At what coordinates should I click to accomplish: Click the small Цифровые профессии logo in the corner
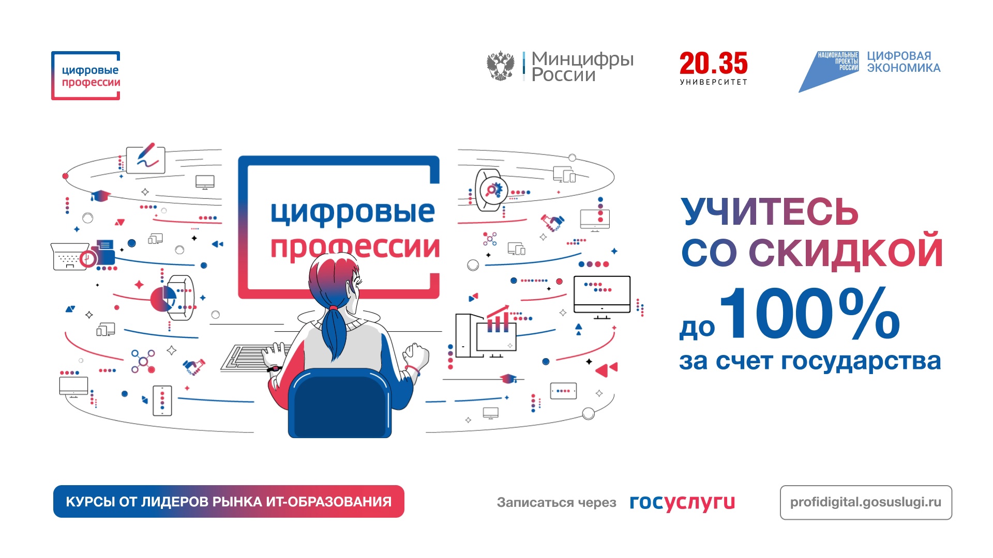tap(86, 75)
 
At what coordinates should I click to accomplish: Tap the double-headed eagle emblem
tap(500, 66)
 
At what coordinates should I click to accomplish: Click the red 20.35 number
tap(713, 64)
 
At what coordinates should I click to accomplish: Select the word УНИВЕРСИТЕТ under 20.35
tap(713, 82)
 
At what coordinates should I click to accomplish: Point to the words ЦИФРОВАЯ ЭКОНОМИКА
tap(903, 62)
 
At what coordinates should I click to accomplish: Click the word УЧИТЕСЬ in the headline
tap(769, 212)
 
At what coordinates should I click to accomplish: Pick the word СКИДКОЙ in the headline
tap(846, 253)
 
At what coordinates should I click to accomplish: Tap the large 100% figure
tap(809, 314)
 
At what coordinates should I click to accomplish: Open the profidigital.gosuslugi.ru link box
tap(865, 502)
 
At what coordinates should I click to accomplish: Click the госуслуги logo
tap(682, 502)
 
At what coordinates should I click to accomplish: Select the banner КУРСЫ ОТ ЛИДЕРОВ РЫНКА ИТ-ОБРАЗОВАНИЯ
tap(229, 502)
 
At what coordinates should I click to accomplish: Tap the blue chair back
tap(339, 403)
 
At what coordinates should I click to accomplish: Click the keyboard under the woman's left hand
tap(248, 358)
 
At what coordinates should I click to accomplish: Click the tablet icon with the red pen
tap(145, 159)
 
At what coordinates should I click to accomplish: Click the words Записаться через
tap(556, 502)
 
